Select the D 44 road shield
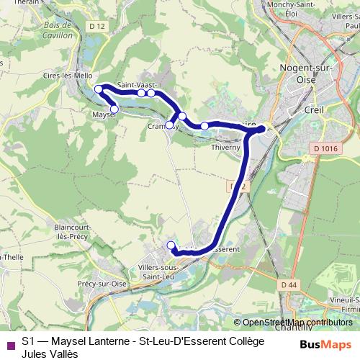tap(289, 285)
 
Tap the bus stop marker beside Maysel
tap(114, 109)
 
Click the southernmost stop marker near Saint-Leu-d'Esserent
tap(171, 246)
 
